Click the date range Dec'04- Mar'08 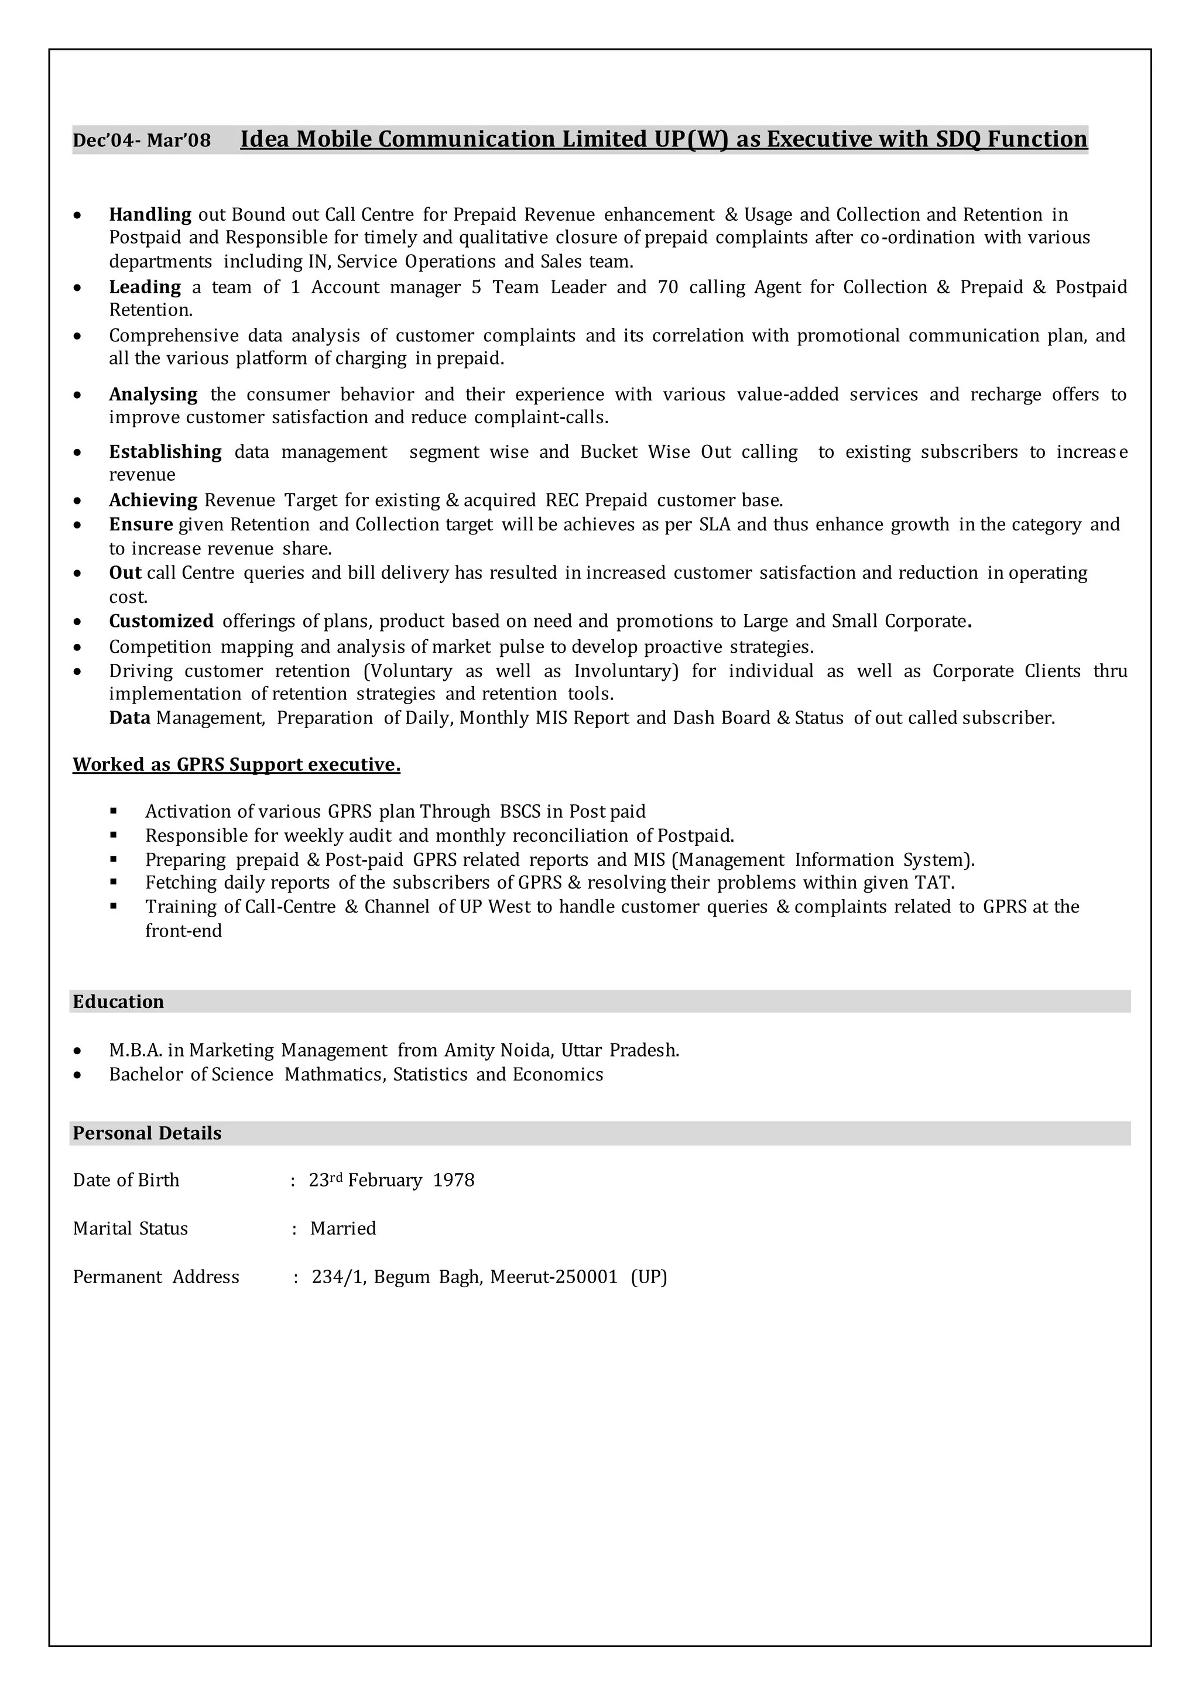point(141,140)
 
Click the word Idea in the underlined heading point(264,139)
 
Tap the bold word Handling point(150,215)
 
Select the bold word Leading point(145,287)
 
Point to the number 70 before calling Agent point(667,287)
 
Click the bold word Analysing point(153,395)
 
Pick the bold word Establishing point(165,452)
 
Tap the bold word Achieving point(153,500)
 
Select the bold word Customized point(161,622)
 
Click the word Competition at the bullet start point(160,647)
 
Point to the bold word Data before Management point(130,718)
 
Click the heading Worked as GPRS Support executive point(237,764)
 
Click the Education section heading point(118,1002)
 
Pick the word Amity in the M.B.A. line point(470,1050)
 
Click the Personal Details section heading point(147,1133)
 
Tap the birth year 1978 point(453,1180)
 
